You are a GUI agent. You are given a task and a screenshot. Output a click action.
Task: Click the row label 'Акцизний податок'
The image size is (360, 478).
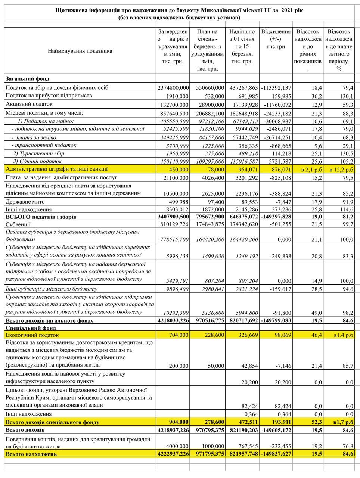click(x=29, y=104)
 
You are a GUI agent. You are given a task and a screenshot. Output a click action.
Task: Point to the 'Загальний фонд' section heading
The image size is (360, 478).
click(x=27, y=79)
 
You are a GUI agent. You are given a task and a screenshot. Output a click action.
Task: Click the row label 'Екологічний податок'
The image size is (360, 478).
click(x=32, y=335)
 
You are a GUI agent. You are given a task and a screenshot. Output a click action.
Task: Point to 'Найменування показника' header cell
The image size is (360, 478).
click(x=80, y=51)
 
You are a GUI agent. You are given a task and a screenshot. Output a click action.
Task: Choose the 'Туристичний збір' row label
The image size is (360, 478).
click(x=38, y=153)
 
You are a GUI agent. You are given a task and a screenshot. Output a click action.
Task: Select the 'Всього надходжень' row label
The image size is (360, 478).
click(x=31, y=454)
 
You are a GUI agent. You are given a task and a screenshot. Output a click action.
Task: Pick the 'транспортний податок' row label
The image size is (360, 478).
click(x=44, y=145)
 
